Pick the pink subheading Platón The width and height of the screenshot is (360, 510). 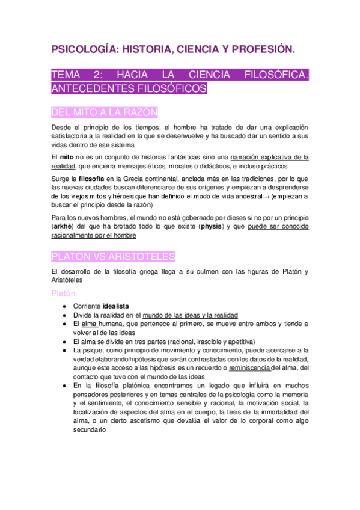click(x=63, y=293)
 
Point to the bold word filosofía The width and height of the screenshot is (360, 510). click(x=92, y=179)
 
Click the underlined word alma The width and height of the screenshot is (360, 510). click(x=89, y=324)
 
